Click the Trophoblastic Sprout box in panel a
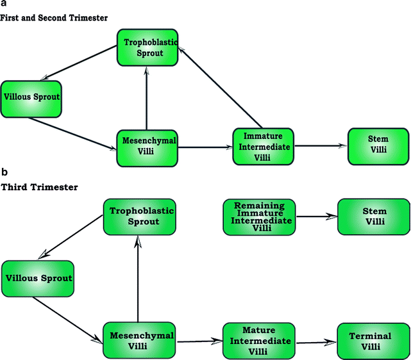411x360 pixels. click(147, 46)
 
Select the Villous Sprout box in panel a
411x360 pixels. click(31, 99)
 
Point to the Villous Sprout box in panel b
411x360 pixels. click(38, 279)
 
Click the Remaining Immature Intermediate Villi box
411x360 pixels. click(259, 216)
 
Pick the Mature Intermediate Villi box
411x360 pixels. click(259, 340)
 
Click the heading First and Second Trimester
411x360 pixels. click(54, 18)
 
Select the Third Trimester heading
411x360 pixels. click(40, 187)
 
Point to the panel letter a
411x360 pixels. click(4, 4)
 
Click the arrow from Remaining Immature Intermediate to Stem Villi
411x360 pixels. click(316, 217)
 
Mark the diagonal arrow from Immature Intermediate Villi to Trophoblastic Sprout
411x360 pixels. click(219, 87)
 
